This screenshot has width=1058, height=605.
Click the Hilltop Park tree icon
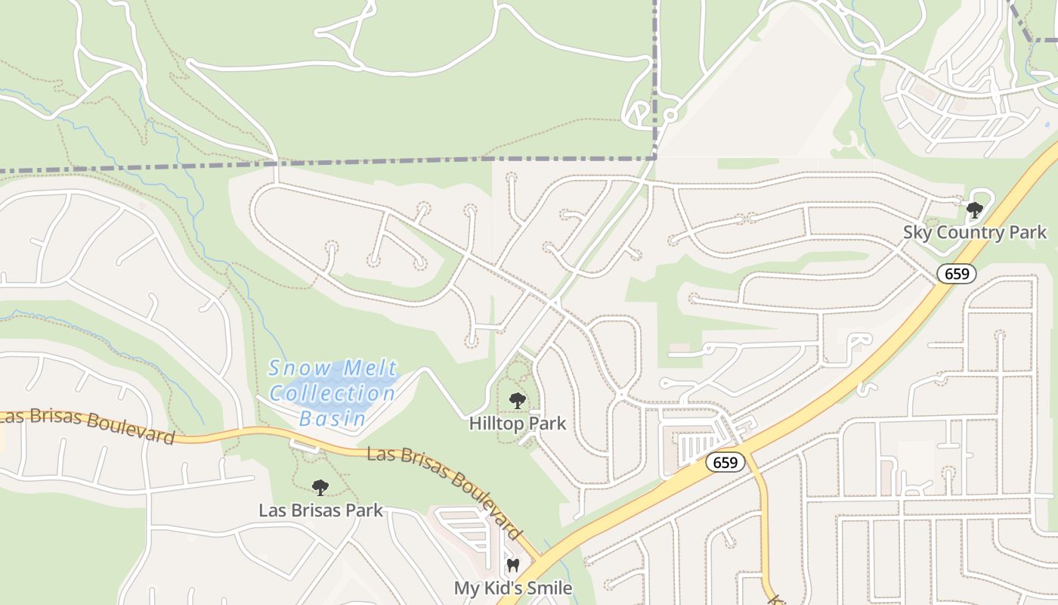(x=517, y=401)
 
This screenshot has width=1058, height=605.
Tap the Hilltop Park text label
(x=517, y=423)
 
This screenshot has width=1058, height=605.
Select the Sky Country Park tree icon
(x=975, y=210)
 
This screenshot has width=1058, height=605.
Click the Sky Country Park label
(x=975, y=232)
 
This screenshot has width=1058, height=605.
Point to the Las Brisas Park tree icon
(x=320, y=488)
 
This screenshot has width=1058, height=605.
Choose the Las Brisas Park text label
(x=320, y=510)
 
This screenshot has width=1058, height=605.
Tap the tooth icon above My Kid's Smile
(x=513, y=565)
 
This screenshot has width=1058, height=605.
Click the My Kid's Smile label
(x=512, y=588)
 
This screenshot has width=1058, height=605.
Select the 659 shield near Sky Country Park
(x=957, y=273)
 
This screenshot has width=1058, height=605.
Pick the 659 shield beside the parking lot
(x=725, y=461)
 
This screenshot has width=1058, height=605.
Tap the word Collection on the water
(x=333, y=393)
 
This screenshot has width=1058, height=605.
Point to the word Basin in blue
(x=333, y=417)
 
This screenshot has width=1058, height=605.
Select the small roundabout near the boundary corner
(x=670, y=116)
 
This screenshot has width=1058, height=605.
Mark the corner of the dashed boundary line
(x=654, y=158)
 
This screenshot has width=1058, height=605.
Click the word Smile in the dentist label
(x=546, y=588)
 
